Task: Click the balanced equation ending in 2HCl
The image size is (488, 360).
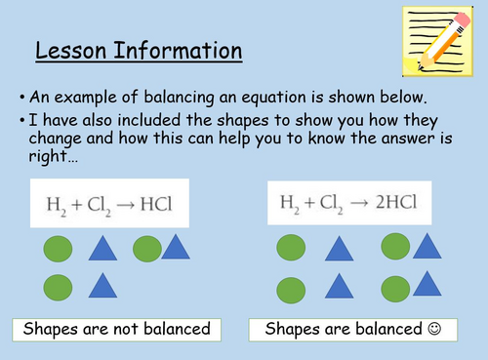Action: point(347,204)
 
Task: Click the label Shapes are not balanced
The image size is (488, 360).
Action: point(118,328)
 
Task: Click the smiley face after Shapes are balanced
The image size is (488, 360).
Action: point(434,328)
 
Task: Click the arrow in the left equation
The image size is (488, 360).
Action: point(142,206)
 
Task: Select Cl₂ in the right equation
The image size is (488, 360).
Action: point(327,205)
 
